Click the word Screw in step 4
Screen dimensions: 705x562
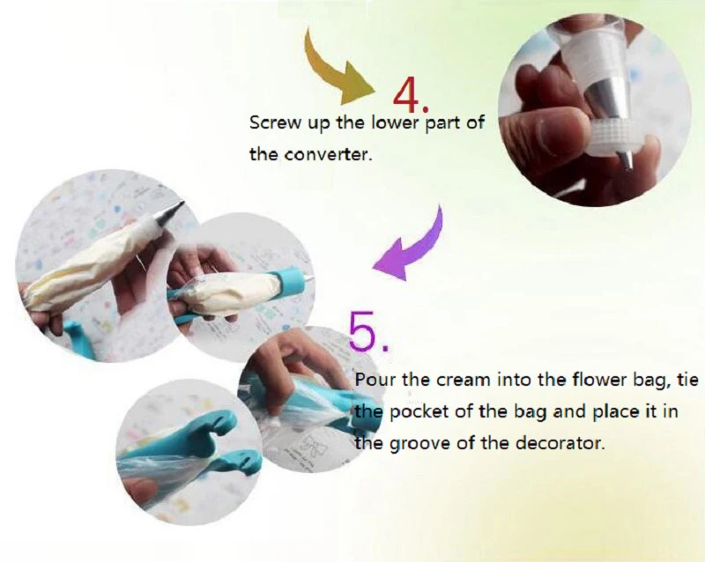pyautogui.click(x=275, y=122)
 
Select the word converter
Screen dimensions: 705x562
pyautogui.click(x=329, y=155)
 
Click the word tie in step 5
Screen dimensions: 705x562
pyautogui.click(x=688, y=380)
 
